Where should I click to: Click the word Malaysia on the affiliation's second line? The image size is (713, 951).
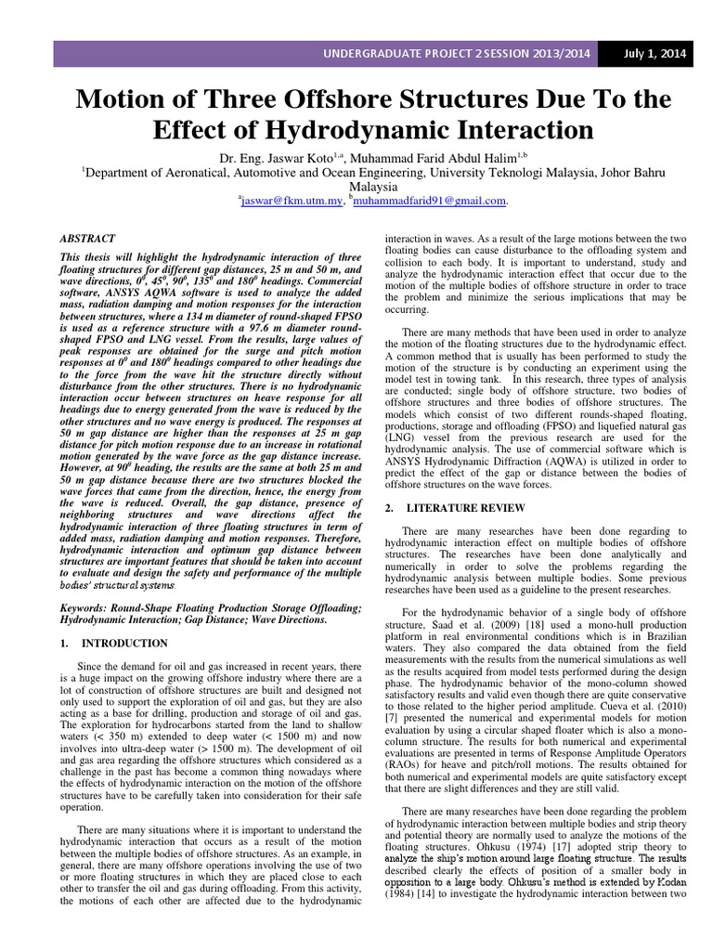coord(356,186)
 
